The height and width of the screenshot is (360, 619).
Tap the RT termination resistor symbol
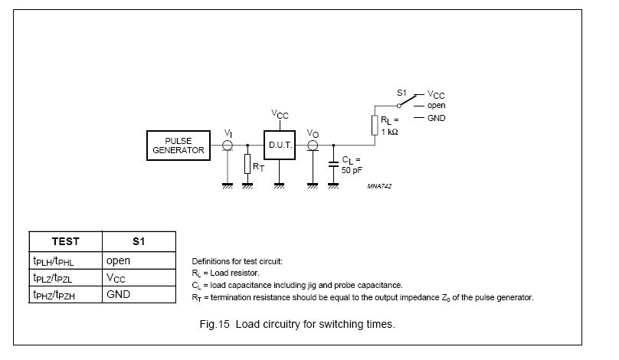[247, 164]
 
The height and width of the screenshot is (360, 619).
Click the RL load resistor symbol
[375, 125]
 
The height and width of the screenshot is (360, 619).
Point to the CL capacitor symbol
[333, 164]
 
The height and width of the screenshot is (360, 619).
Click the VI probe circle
[228, 146]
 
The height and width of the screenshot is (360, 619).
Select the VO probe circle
[313, 146]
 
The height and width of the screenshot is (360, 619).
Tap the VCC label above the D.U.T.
[280, 114]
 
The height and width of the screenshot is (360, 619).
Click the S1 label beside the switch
[401, 93]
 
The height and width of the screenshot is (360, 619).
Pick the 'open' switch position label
[436, 106]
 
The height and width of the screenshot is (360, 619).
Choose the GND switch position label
[436, 118]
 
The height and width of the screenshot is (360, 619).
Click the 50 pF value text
[352, 170]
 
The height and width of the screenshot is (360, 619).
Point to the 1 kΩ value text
[389, 132]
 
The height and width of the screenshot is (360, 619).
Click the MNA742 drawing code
[379, 186]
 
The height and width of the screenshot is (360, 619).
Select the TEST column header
[66, 241]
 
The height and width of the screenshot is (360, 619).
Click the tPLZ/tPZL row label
[53, 278]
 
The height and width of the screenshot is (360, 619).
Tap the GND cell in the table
[118, 294]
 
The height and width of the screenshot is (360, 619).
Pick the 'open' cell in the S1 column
[118, 260]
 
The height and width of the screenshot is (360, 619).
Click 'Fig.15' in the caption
[215, 324]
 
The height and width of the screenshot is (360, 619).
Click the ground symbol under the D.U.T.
[279, 185]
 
